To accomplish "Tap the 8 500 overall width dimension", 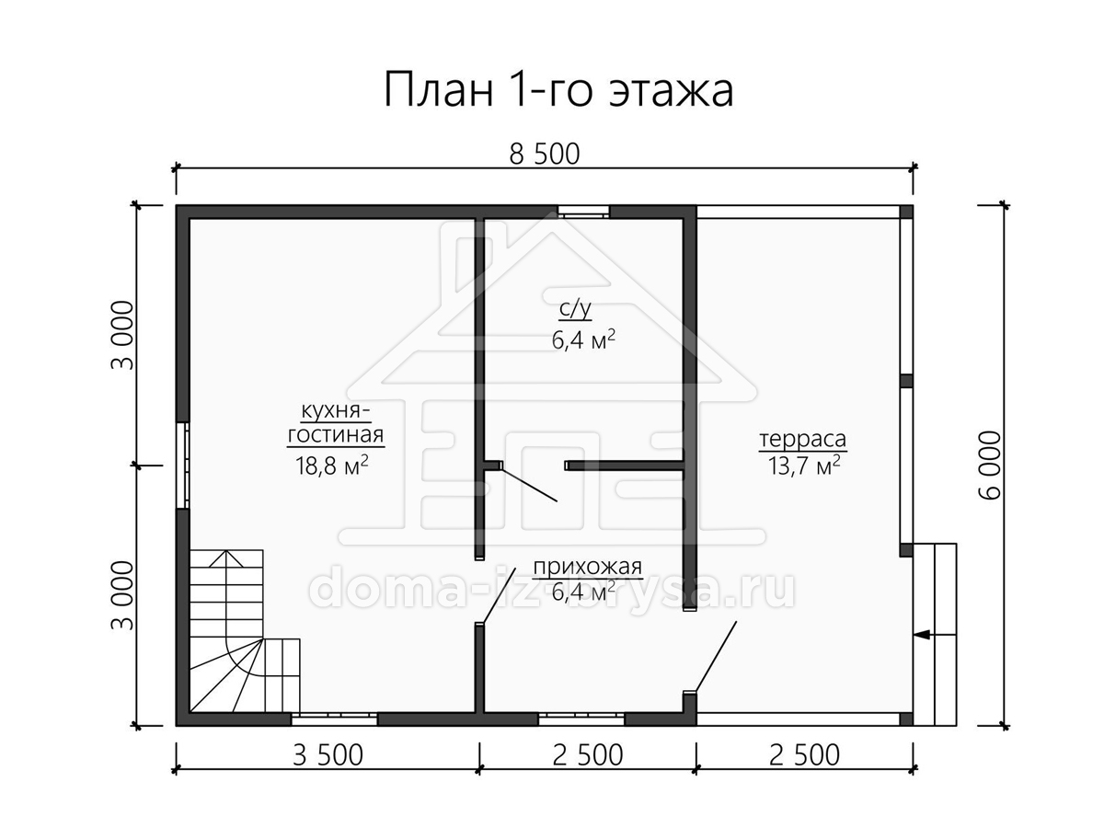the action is (x=545, y=155).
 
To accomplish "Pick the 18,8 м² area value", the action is (x=332, y=465).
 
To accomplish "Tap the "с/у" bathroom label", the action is (x=575, y=310).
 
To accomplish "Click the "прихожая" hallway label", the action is (x=588, y=567).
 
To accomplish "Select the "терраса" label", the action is (x=803, y=439).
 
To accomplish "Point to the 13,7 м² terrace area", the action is (x=804, y=465).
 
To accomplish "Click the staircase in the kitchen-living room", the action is (x=245, y=631).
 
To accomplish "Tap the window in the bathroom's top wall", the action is (x=583, y=212).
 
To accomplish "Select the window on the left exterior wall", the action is (x=182, y=466).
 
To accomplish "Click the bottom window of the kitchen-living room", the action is (x=334, y=719).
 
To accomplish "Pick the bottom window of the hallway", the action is (x=581, y=719).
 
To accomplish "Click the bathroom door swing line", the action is (x=529, y=484).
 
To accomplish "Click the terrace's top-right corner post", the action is (x=906, y=212).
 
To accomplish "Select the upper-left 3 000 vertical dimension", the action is (x=122, y=335).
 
